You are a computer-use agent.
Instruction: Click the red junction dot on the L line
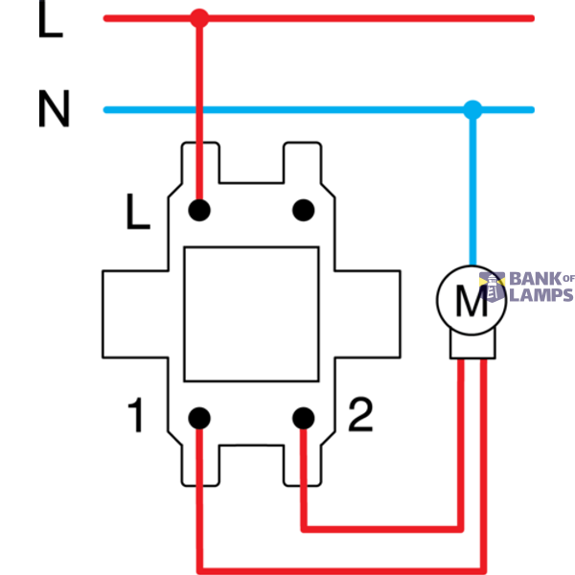coord(199,18)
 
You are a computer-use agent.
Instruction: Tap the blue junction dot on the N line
coord(472,109)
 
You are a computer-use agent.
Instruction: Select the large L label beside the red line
coord(51,19)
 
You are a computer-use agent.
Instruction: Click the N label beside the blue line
coord(54,108)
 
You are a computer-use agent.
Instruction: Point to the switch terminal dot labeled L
coord(199,210)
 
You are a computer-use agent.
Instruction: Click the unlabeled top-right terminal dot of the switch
coord(303,210)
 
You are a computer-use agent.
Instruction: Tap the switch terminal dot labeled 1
coord(199,418)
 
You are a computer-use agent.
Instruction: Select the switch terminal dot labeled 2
coord(303,418)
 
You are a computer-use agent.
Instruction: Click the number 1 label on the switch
coord(135,415)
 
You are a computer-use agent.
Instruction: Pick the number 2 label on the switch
coord(360,414)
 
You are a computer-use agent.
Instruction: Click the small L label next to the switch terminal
coord(138,211)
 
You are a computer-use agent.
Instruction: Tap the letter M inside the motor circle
coord(471,300)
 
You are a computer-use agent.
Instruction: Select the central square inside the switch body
coord(251,314)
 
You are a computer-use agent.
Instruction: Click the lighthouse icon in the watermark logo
coord(493,287)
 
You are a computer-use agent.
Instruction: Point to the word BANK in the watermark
coord(536,279)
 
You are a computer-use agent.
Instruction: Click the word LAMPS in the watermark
coord(541,295)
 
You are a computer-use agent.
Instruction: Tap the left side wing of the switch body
coord(135,314)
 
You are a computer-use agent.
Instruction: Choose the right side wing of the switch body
coord(367,314)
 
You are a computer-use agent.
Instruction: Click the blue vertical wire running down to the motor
coord(473,188)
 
